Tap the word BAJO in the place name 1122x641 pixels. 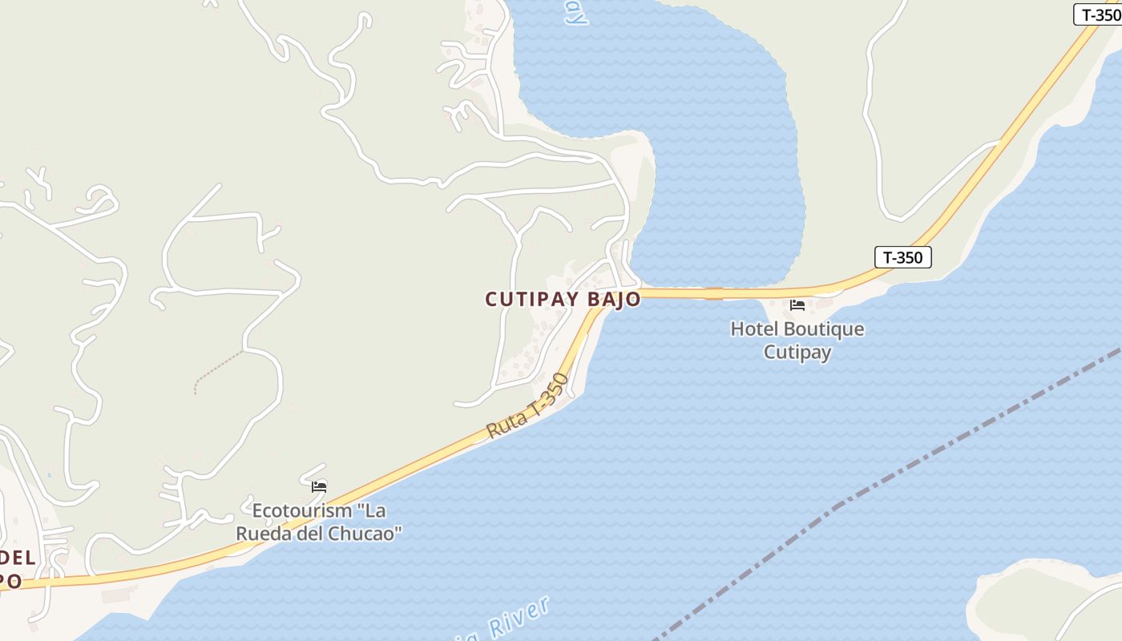615,300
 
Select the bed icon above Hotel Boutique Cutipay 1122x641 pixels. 797,305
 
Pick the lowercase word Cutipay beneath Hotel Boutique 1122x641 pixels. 797,353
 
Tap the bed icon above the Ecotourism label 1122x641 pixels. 319,486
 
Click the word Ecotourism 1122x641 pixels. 302,510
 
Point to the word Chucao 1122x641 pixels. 368,533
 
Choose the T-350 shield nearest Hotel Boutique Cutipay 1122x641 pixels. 902,257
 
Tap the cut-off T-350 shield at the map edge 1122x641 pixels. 1098,14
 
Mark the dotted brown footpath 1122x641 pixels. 217,372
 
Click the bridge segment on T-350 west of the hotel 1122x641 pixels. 713,294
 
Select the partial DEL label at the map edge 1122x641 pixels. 18,558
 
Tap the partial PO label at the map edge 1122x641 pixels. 10,581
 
